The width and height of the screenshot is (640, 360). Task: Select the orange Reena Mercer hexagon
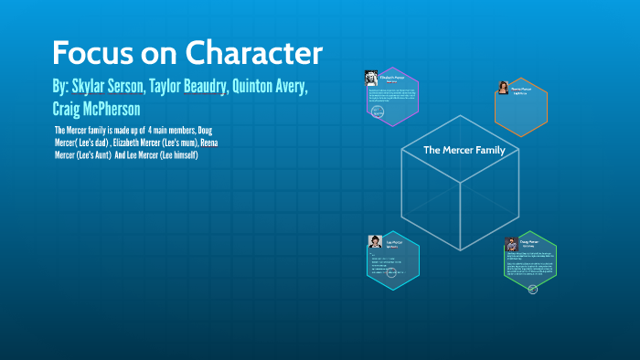pyautogui.click(x=521, y=107)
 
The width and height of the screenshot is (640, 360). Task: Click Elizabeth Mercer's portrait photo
pyautogui.click(x=372, y=77)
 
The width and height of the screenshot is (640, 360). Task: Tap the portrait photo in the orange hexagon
pyautogui.click(x=503, y=88)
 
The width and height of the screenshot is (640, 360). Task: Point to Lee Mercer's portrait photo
pyautogui.click(x=375, y=241)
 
